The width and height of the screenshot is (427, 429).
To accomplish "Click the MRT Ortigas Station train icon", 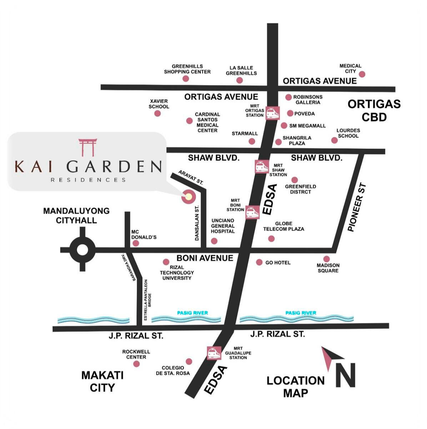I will tap(273, 113).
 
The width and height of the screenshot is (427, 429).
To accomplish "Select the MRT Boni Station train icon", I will tap(252, 212).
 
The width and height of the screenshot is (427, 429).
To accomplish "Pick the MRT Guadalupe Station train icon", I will tap(214, 353).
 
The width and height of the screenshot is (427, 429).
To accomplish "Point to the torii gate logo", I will tap(87, 147).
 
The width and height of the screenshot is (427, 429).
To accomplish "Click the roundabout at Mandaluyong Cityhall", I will tap(82, 250).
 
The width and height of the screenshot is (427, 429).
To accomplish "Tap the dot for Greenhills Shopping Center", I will tap(186, 79).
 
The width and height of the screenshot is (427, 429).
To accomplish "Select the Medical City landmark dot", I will tap(362, 74).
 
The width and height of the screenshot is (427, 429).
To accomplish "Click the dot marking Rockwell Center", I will tap(136, 364).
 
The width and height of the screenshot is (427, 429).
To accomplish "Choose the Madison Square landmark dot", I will tap(326, 259).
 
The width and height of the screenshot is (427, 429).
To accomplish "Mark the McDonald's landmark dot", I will tap(136, 243).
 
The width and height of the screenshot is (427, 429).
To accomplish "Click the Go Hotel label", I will tap(278, 263).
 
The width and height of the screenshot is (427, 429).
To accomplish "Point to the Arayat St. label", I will tap(191, 177).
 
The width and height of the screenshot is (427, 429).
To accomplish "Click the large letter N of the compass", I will tap(345, 375).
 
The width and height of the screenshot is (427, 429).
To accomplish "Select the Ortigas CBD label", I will tap(374, 110).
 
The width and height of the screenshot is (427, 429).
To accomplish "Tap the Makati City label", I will tap(102, 381).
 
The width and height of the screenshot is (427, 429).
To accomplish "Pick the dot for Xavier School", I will tap(157, 113).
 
